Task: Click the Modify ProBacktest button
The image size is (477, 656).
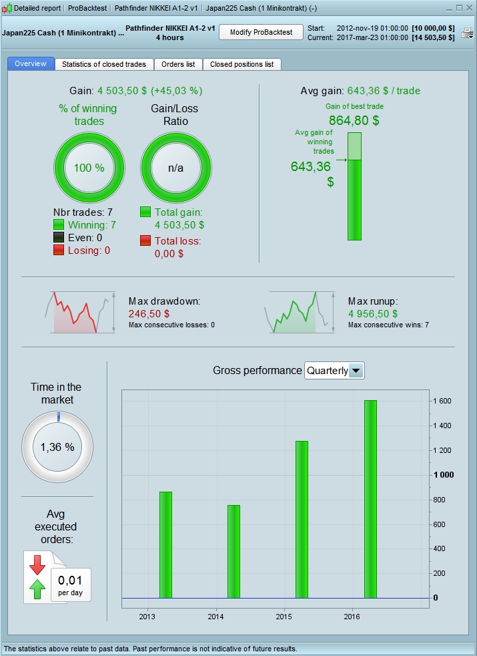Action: (x=261, y=32)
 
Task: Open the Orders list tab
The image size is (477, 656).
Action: (x=178, y=64)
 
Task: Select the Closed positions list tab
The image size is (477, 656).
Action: (x=242, y=64)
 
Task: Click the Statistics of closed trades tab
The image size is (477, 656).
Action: (x=104, y=64)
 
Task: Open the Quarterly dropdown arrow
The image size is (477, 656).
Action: (x=356, y=370)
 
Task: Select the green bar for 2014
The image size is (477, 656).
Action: (x=233, y=551)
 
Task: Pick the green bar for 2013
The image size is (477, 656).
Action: (x=165, y=544)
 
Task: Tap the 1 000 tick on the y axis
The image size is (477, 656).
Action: (x=444, y=475)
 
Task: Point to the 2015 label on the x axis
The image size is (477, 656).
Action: (x=284, y=616)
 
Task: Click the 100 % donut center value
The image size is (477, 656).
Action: (x=89, y=168)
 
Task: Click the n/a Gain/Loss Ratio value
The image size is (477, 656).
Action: (x=175, y=168)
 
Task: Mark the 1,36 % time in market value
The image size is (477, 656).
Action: (x=57, y=447)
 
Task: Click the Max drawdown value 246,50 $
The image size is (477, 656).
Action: (x=149, y=313)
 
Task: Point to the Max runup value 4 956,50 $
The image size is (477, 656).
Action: (x=373, y=313)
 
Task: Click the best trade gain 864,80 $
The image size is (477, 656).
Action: (x=354, y=120)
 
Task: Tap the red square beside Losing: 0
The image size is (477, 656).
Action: (x=59, y=251)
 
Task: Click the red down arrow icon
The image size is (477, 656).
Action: (x=37, y=565)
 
